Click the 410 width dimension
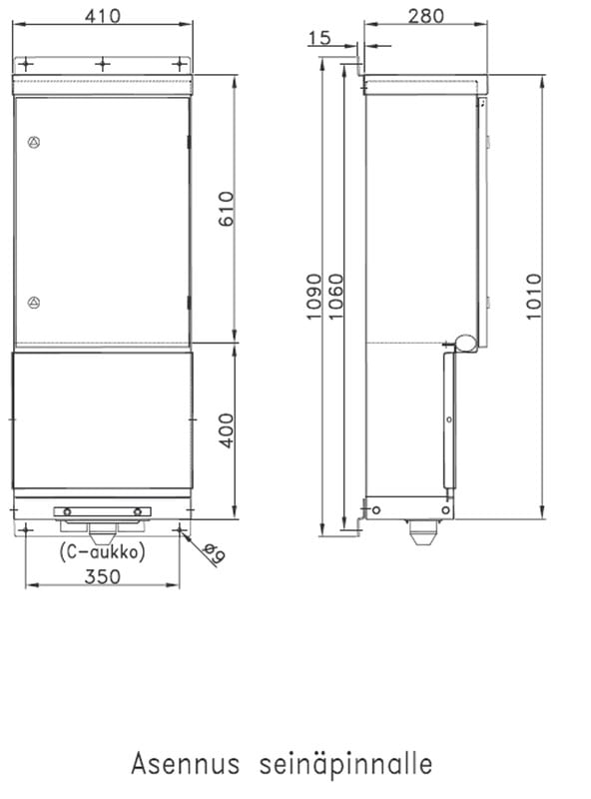(x=103, y=16)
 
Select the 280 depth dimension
(x=426, y=16)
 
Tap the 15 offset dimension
(x=319, y=37)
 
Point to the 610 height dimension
(x=226, y=209)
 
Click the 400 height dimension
(x=226, y=430)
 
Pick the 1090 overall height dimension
(x=313, y=297)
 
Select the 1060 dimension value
(x=335, y=297)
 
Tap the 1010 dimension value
(x=533, y=297)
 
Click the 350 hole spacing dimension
(x=103, y=577)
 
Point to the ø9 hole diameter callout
(x=214, y=554)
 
